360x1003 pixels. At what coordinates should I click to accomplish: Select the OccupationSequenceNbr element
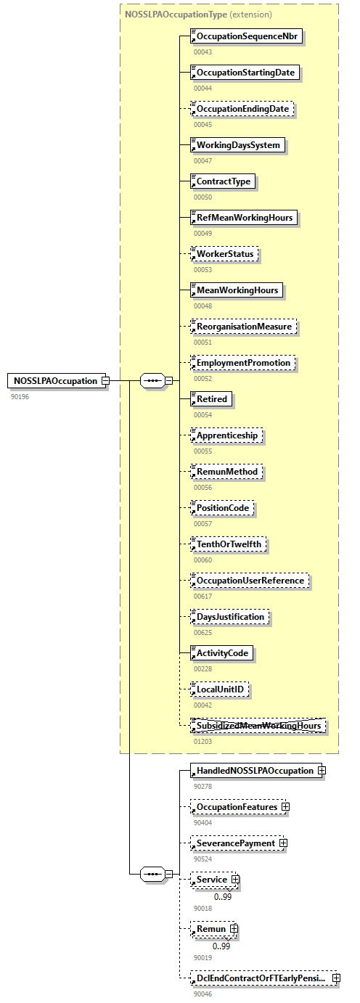246,36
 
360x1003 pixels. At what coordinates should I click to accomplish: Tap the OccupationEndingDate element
243,109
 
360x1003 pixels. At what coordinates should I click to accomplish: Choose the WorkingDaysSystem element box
237,145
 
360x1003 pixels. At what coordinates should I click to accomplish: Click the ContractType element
223,181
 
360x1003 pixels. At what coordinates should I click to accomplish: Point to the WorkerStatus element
224,254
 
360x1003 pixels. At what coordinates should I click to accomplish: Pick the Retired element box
211,398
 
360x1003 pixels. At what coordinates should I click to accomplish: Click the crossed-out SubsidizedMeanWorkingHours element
257,725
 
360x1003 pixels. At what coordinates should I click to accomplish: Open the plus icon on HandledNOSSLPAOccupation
321,770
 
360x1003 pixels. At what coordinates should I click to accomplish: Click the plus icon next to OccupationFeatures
286,806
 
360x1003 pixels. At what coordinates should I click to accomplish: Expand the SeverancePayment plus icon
283,843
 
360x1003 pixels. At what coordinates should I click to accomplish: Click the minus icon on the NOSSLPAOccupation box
105,380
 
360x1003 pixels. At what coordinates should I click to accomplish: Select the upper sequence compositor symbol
151,380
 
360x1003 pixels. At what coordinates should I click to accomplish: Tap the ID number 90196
20,396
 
